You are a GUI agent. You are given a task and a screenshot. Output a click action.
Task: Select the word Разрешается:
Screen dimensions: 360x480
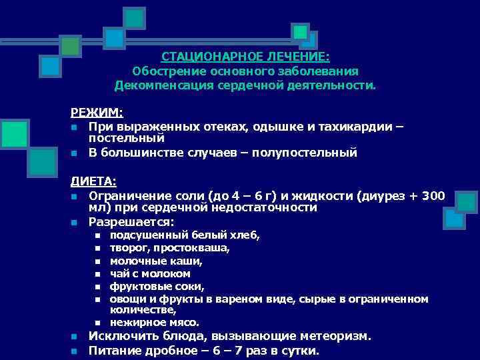point(131,221)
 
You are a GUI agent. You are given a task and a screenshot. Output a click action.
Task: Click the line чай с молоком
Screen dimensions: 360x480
point(150,273)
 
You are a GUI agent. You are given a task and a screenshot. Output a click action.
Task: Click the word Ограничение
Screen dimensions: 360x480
point(126,195)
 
